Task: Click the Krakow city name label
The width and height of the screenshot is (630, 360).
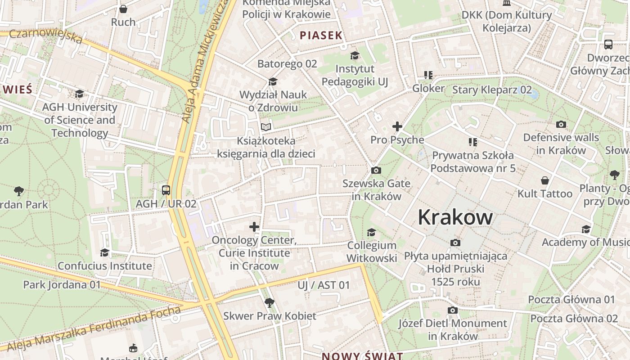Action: [455, 217]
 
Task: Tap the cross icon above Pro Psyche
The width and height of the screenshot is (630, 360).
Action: [397, 126]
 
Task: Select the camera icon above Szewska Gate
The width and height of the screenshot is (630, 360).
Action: [376, 170]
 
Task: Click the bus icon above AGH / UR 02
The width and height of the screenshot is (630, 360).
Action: [166, 190]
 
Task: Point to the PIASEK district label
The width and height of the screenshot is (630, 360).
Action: [321, 36]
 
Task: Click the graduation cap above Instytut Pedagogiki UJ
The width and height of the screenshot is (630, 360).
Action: [355, 55]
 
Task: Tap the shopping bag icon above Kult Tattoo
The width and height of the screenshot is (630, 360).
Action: [544, 180]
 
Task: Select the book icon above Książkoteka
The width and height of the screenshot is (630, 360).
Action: [266, 127]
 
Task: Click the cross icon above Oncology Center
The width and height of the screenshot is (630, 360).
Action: [254, 227]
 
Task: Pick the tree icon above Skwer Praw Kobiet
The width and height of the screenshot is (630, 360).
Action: [270, 302]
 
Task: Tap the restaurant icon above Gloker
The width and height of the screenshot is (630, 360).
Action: [428, 75]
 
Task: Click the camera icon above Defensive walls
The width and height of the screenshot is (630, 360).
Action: [561, 124]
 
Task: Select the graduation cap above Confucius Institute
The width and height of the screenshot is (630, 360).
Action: [105, 252]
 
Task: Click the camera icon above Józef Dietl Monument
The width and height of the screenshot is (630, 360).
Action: [453, 310]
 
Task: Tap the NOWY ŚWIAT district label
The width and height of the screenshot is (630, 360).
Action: [362, 356]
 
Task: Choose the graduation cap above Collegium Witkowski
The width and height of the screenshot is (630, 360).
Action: [371, 232]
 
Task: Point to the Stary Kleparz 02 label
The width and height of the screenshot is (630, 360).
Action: [491, 90]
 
